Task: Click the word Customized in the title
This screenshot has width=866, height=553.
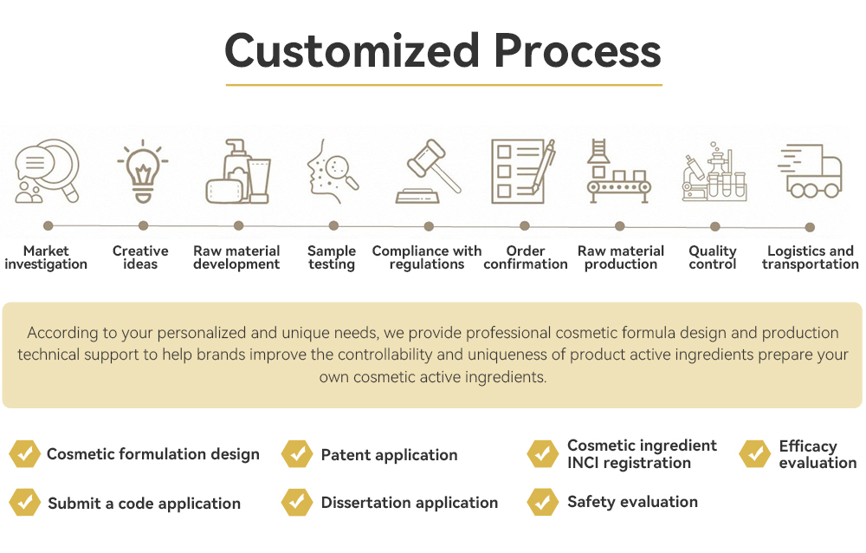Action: pos(351,51)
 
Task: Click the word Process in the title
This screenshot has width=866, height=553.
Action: pos(578,51)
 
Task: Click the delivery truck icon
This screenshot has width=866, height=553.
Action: pos(810,171)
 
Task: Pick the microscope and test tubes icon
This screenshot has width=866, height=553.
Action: pos(714,172)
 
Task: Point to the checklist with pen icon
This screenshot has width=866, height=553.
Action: pos(523,172)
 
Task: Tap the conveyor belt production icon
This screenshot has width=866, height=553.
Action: pos(618,172)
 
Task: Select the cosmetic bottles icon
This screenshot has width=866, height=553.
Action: pos(238,171)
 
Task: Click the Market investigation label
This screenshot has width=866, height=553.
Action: pos(46,257)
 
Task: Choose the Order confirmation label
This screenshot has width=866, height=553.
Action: pos(526,257)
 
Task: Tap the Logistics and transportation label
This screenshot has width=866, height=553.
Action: pos(811,257)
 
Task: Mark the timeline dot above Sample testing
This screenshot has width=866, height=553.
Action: pos(333,226)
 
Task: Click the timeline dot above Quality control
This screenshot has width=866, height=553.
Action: pos(715,226)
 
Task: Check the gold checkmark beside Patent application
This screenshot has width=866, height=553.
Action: pos(297,453)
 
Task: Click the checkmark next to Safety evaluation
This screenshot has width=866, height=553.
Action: pos(542,502)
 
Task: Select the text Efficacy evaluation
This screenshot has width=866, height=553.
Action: pos(817,454)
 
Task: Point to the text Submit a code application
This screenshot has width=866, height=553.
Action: pos(144,504)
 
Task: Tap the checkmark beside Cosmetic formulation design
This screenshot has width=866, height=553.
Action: pos(23,453)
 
